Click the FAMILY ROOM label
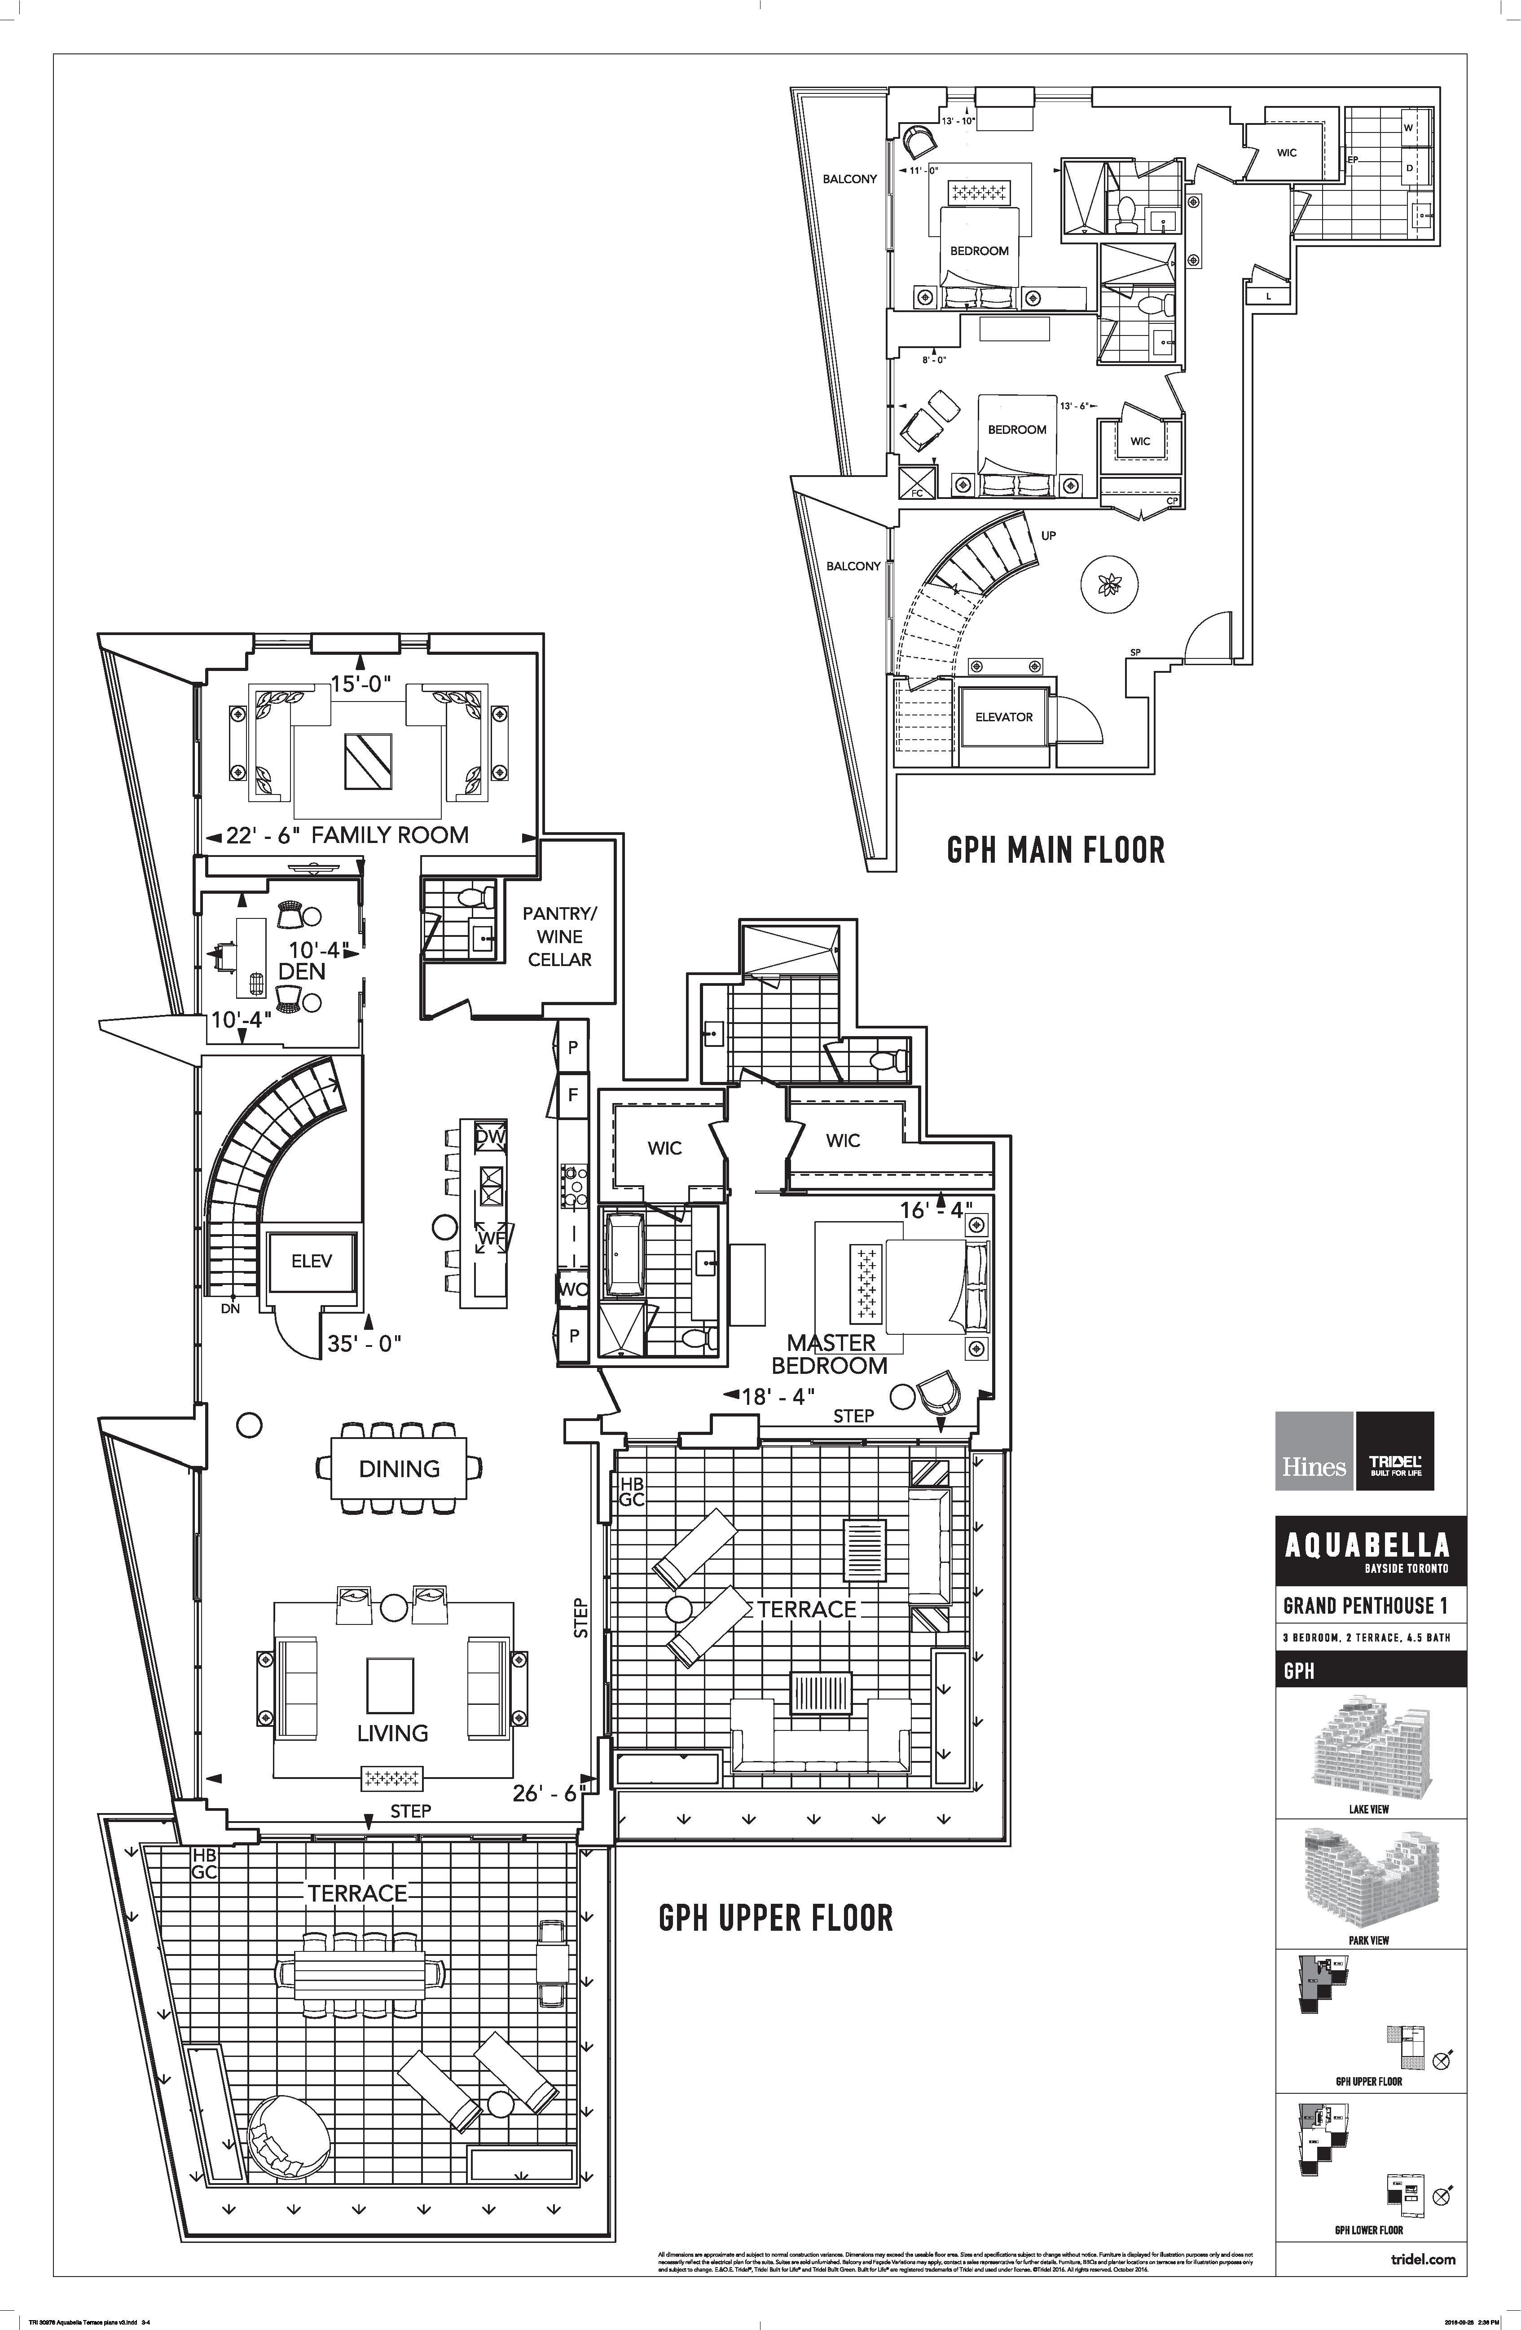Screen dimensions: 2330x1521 390,835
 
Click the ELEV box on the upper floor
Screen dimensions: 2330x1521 311,1261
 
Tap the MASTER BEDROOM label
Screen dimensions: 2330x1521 830,1354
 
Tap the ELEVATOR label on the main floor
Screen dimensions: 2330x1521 1003,717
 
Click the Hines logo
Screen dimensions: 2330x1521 1314,1465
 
